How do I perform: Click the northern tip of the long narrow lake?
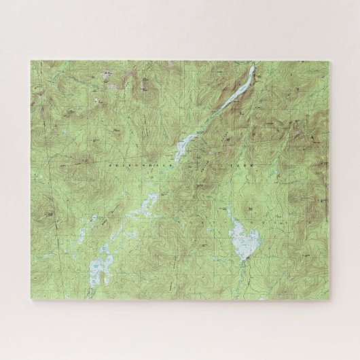tap(252, 67)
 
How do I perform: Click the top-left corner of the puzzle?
tap(30, 60)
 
